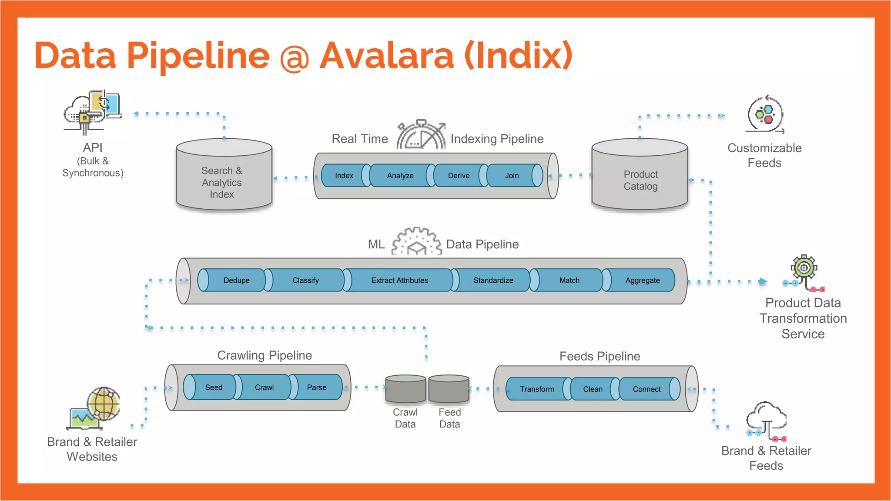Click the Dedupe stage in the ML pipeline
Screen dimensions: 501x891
coord(236,281)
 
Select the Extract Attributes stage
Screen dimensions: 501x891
coord(399,281)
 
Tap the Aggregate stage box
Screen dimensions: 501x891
coord(642,281)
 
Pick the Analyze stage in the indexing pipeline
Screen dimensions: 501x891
coord(400,176)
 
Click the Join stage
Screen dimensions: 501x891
coord(512,176)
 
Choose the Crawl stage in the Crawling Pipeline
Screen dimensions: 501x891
coord(264,387)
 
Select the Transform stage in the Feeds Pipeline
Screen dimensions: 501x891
coord(537,389)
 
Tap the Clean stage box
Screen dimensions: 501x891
coord(593,389)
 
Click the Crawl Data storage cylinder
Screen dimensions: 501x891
coord(405,389)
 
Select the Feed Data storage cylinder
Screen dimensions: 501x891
coord(449,389)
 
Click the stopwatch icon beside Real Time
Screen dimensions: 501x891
coord(421,135)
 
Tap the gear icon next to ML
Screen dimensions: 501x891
coord(416,241)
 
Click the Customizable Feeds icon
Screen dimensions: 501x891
coord(765,114)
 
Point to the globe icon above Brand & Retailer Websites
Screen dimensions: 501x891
coord(104,404)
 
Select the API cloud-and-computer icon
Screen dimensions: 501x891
coord(92,111)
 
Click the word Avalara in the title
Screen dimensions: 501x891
coord(387,56)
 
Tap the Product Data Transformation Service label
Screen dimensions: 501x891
coord(803,318)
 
